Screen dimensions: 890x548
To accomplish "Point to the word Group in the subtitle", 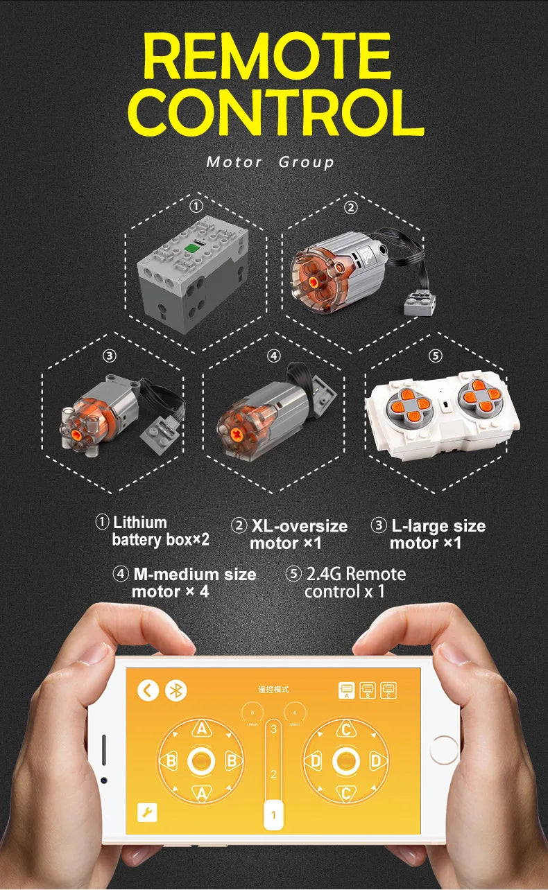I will [x=306, y=162].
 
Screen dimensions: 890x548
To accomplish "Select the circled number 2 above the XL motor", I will [x=351, y=207].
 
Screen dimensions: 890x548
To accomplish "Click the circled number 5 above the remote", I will [x=435, y=356].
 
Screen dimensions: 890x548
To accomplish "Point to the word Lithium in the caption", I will [x=139, y=523].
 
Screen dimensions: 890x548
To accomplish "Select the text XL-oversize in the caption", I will [x=299, y=526].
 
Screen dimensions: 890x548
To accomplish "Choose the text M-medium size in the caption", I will [x=194, y=574].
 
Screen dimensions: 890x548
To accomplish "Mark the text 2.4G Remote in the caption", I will [x=356, y=574].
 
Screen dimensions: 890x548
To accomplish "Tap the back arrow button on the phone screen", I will [x=148, y=690].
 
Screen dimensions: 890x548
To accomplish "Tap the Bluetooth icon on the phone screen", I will [x=176, y=690].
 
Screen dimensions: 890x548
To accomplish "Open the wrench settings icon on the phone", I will [x=147, y=812].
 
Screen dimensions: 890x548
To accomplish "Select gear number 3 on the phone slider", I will [x=274, y=728].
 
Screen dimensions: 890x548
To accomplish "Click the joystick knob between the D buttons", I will [x=346, y=761].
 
